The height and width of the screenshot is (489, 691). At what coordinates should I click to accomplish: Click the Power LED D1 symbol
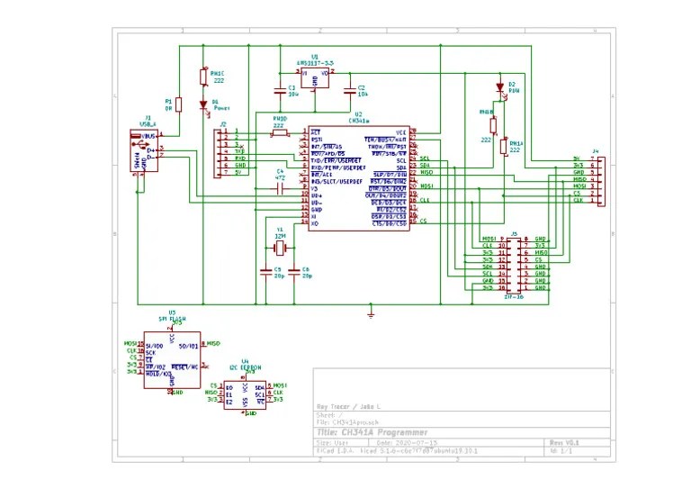[203, 104]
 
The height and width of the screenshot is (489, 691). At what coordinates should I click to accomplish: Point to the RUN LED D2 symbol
[500, 88]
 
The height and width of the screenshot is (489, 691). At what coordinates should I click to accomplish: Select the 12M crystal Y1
[280, 248]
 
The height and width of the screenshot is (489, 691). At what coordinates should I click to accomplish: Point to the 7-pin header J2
[220, 152]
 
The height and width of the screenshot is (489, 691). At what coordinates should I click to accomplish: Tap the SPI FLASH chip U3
[172, 359]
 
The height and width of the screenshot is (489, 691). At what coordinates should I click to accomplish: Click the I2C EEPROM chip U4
[245, 393]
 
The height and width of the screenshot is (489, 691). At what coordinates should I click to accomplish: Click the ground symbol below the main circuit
[371, 313]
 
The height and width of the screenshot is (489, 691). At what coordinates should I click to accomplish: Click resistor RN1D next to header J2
[280, 134]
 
